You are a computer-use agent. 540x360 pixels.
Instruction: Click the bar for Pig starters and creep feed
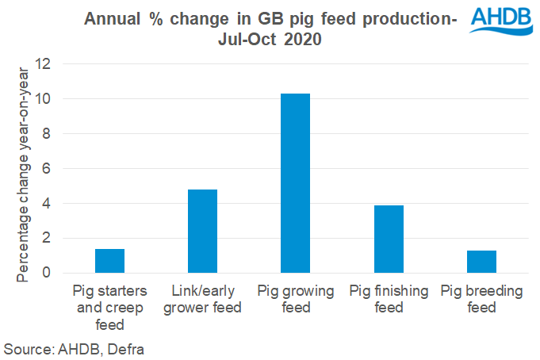coord(109,261)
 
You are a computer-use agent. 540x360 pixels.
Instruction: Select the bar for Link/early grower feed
coord(202,231)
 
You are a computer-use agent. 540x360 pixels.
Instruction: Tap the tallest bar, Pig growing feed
coord(295,183)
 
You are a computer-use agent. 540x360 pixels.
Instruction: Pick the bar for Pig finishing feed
coord(389,239)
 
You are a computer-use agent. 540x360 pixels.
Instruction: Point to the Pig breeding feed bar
coord(481,262)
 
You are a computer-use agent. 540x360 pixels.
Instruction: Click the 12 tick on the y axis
coord(44,64)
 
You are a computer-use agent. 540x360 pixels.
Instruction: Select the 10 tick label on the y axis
coord(44,99)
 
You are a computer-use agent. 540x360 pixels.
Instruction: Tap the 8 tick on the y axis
coord(48,134)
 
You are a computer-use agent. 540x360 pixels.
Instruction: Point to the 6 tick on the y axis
coord(48,169)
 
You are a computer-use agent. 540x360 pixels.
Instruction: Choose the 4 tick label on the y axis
coord(48,203)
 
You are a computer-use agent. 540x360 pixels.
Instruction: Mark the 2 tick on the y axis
coord(48,238)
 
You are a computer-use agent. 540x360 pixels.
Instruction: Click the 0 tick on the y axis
coord(48,273)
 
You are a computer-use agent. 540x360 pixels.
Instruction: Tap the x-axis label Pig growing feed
coord(295,300)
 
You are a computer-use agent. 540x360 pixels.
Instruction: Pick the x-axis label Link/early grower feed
coord(202,300)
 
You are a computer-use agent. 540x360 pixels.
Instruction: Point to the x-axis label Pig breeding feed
coord(481,300)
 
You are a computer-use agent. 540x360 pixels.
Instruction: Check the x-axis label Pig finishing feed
coord(389,300)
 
